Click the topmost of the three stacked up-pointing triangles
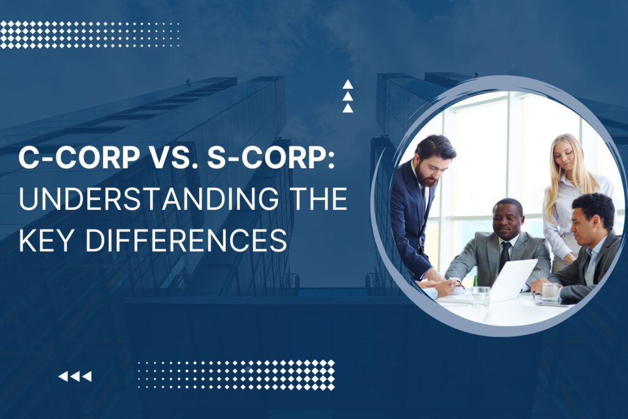[348, 85]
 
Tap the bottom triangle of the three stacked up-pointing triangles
[348, 108]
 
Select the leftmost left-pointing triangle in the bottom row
[63, 376]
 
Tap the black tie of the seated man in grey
[505, 255]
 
